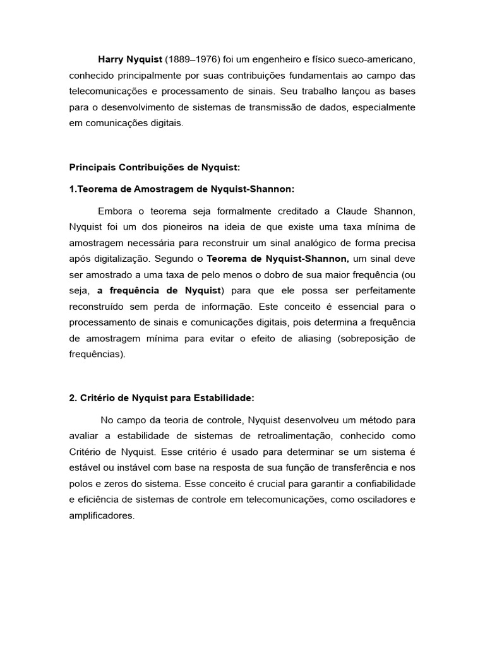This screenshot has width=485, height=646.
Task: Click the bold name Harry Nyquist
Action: point(129,59)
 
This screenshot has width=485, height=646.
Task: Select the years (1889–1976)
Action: point(191,59)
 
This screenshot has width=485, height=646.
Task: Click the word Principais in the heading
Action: point(92,168)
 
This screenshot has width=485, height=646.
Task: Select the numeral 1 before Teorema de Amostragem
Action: point(71,189)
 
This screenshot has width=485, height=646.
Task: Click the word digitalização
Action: point(119,258)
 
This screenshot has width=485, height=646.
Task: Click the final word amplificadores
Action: point(102,515)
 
